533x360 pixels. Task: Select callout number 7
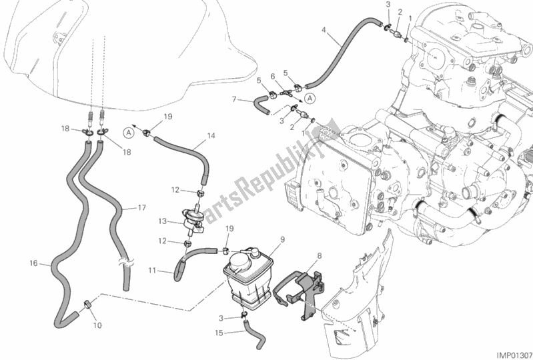tap(234, 100)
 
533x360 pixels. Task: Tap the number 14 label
tap(211, 135)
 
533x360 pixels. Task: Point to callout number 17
tap(142, 208)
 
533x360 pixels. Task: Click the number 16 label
tap(33, 264)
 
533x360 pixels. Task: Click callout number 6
tap(273, 77)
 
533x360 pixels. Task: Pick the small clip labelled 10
tap(87, 305)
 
